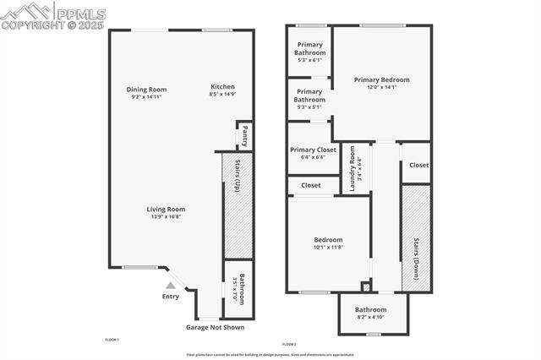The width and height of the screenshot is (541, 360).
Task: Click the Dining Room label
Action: click(x=146, y=90)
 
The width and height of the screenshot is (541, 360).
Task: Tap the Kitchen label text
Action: click(x=222, y=87)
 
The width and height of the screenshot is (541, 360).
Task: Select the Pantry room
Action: click(x=244, y=135)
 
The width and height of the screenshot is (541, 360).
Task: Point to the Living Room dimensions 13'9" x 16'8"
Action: click(x=166, y=217)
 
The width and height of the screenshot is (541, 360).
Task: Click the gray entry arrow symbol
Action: click(x=170, y=286)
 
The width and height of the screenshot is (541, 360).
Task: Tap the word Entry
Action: click(x=170, y=297)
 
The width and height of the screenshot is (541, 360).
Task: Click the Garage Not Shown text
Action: click(x=215, y=327)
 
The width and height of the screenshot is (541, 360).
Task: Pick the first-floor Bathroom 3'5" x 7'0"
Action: click(x=240, y=289)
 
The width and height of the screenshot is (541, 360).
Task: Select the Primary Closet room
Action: click(x=313, y=153)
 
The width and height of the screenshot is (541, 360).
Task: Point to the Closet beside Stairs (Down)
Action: click(x=418, y=166)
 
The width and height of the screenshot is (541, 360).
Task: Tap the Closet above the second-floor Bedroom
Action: click(x=310, y=185)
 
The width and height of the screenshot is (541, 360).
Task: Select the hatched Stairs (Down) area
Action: click(x=416, y=238)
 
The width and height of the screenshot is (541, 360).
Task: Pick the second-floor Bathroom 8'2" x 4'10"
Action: click(x=370, y=314)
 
